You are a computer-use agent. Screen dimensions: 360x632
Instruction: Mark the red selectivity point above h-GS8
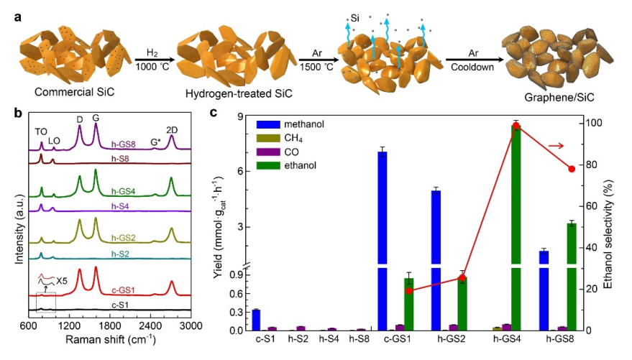572,169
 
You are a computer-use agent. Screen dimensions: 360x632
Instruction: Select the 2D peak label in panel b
172,131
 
